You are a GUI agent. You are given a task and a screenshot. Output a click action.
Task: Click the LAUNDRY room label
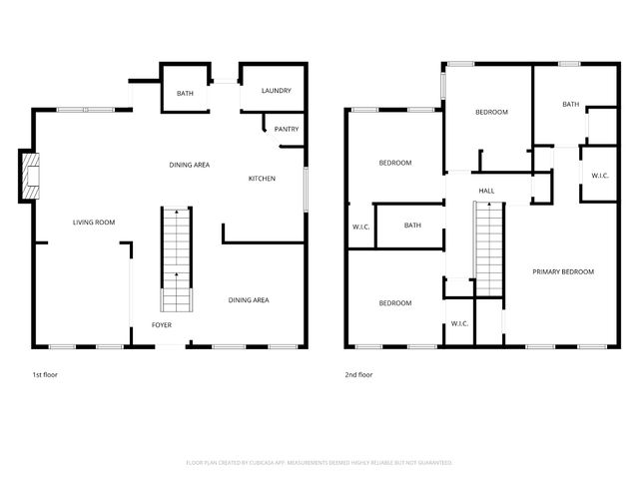coord(276,92)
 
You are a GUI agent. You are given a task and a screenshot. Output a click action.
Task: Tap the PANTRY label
coord(287,129)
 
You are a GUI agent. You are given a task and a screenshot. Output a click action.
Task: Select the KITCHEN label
coord(262,179)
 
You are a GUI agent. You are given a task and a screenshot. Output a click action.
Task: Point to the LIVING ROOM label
coord(94,222)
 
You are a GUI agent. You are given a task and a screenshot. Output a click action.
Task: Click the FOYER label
coord(162,325)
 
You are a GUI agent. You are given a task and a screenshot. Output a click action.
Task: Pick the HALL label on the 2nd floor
coord(486,191)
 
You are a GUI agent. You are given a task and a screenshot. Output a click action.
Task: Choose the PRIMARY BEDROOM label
coord(563,271)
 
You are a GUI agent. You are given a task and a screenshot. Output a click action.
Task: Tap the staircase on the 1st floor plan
coord(176,259)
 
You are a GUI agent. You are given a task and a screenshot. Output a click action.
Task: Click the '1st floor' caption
coord(45,374)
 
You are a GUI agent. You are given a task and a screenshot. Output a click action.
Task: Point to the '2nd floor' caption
coord(358,374)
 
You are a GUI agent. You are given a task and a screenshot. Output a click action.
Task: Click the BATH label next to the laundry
coord(185,94)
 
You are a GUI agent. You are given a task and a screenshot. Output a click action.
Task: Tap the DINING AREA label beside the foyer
coord(248,300)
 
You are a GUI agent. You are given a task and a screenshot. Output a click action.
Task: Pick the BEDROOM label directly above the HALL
coord(490,112)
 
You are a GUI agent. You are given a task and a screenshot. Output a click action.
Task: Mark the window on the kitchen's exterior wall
coord(305,190)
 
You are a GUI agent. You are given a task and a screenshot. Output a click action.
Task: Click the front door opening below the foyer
coord(171,346)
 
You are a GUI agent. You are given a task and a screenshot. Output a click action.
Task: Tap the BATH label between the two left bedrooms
coord(412,225)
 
